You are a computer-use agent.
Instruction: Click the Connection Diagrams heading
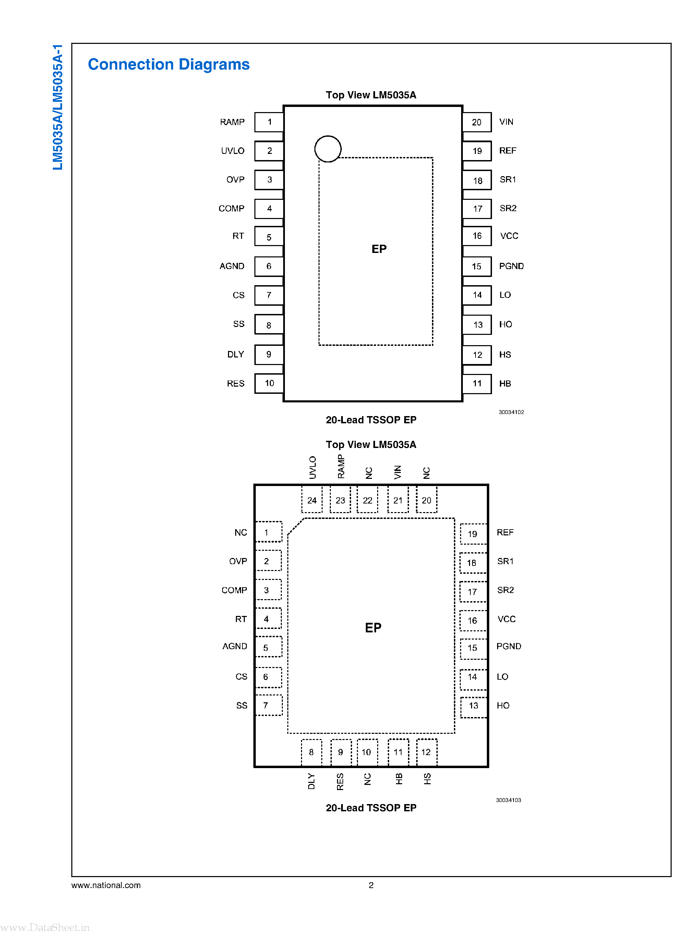click(x=168, y=64)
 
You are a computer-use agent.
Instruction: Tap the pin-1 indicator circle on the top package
click(x=327, y=148)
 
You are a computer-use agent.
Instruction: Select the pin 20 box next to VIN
click(x=477, y=122)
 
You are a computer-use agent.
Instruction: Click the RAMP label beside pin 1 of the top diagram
click(x=232, y=122)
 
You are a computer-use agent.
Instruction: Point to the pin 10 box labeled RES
click(x=269, y=383)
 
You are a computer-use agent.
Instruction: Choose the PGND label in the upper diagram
click(x=511, y=266)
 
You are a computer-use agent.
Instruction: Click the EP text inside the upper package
click(x=378, y=249)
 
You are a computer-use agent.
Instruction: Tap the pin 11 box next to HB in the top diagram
click(x=477, y=384)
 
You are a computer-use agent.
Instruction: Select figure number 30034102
click(x=511, y=412)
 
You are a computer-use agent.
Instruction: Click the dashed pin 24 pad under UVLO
click(x=312, y=500)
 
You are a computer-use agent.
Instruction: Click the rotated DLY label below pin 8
click(x=311, y=781)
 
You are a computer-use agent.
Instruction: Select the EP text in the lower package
click(x=373, y=628)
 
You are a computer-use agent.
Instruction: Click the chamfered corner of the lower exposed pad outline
click(x=295, y=526)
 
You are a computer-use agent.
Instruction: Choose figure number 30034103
click(x=508, y=800)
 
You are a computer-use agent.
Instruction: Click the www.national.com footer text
click(x=106, y=885)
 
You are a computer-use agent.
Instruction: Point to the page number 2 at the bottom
click(x=371, y=885)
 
